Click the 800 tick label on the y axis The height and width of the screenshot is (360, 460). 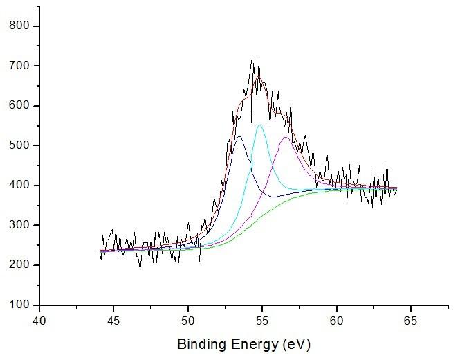[19, 26]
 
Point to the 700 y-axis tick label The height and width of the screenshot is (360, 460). [19, 66]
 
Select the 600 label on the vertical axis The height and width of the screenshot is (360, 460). [19, 106]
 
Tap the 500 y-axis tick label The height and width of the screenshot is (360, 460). [19, 146]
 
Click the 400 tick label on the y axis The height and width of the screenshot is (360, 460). [19, 186]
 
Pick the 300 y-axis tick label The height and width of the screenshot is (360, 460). [19, 226]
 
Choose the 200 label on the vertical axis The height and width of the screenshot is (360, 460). [19, 265]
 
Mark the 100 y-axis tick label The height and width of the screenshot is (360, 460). [19, 305]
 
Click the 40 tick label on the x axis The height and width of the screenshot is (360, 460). [39, 321]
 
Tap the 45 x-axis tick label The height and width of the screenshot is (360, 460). [114, 321]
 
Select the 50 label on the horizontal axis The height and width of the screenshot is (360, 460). [188, 321]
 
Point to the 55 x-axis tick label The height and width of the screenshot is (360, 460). [262, 321]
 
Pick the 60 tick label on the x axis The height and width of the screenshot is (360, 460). [337, 321]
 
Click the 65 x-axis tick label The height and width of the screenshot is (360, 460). [411, 321]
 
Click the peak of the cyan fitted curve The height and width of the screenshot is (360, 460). [260, 125]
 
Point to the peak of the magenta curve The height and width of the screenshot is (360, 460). [286, 138]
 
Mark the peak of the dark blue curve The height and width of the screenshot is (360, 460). [239, 137]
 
